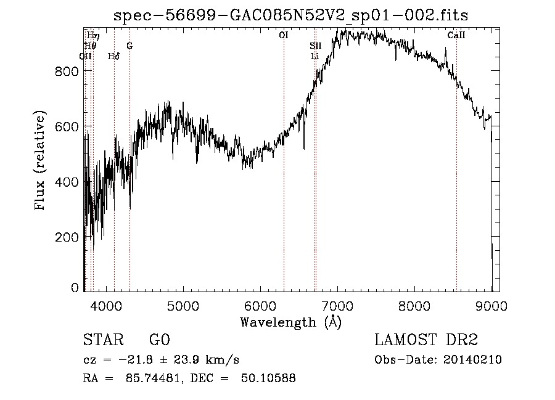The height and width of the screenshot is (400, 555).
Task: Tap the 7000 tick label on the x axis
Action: pos(337,304)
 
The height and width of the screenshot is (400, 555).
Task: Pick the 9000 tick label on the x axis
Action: pos(491,304)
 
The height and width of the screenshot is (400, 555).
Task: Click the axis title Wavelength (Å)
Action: pos(290,321)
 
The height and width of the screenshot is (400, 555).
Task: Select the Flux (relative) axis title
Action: pos(41,161)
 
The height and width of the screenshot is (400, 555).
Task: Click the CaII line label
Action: pos(456,36)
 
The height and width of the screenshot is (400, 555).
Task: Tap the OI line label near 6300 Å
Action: pos(284,36)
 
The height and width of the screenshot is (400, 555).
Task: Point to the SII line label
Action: pos(315,46)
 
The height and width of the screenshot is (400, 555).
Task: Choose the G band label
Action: pos(129,46)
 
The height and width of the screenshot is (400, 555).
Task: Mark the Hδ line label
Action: pos(113,56)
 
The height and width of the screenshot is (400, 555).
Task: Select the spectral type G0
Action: pos(159,340)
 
